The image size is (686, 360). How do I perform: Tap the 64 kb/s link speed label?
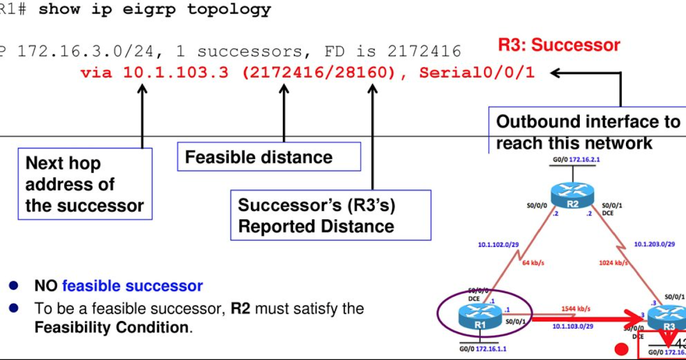[534, 263]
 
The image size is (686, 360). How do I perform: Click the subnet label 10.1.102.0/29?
[499, 245]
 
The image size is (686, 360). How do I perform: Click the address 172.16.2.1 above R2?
[589, 161]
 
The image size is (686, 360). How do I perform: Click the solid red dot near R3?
[617, 349]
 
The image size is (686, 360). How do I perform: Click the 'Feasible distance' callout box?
[269, 157]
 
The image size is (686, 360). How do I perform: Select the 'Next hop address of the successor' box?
[85, 184]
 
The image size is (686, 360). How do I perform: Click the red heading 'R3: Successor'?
[559, 45]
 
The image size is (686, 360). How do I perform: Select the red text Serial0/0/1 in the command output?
[477, 73]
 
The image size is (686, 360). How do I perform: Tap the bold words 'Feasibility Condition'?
[111, 328]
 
